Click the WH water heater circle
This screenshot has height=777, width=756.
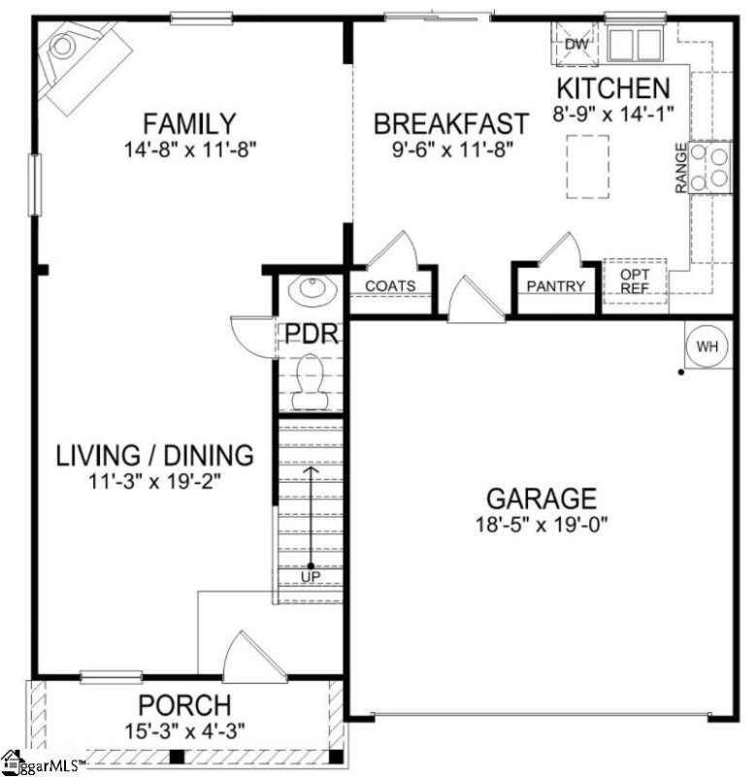[707, 346]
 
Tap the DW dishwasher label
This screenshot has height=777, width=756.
[576, 44]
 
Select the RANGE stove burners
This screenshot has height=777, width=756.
[710, 167]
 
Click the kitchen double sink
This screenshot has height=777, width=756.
[636, 45]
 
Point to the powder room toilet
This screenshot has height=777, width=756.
[311, 382]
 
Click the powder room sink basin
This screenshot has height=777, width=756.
[312, 292]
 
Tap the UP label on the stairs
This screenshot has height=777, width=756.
[311, 577]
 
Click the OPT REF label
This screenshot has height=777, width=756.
[635, 281]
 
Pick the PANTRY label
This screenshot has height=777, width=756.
[555, 286]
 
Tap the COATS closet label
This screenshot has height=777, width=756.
[390, 286]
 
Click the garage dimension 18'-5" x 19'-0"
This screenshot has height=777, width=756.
[542, 524]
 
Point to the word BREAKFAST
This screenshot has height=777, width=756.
[451, 124]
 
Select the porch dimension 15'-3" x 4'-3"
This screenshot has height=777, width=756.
[184, 730]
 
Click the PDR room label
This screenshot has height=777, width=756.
[312, 334]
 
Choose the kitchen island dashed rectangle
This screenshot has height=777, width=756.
[588, 166]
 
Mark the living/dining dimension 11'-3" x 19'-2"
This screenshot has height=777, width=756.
[154, 481]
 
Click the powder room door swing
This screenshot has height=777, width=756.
[251, 336]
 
